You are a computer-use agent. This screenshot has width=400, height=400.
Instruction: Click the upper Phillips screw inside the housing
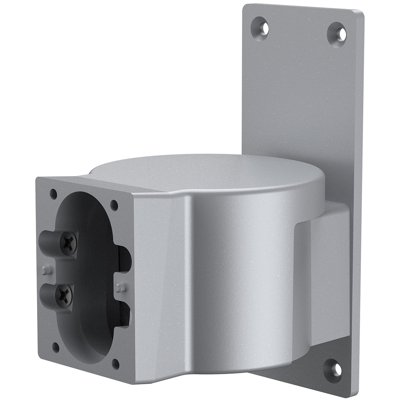[68, 242]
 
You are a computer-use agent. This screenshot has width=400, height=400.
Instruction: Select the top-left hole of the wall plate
[261, 26]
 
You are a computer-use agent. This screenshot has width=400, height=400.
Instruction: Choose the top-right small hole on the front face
[114, 205]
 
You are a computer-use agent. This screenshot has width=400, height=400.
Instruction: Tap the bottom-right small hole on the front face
[116, 363]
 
